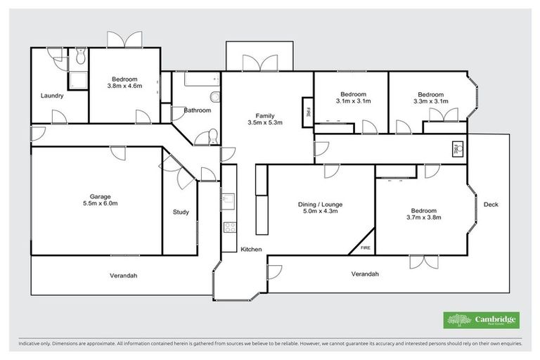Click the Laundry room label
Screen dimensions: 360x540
click(52, 96)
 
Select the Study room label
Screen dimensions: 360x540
click(181, 212)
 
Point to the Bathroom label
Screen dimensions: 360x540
click(198, 110)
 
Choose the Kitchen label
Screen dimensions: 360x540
click(251, 250)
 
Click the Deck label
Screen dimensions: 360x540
click(490, 205)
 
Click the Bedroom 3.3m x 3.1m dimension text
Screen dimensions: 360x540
click(430, 101)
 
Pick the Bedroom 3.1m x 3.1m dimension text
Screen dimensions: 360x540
click(353, 101)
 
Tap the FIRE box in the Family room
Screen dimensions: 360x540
click(307, 111)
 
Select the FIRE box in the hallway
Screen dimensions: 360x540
click(456, 149)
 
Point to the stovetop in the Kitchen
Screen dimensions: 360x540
click(229, 227)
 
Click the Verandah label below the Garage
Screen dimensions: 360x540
click(123, 276)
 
